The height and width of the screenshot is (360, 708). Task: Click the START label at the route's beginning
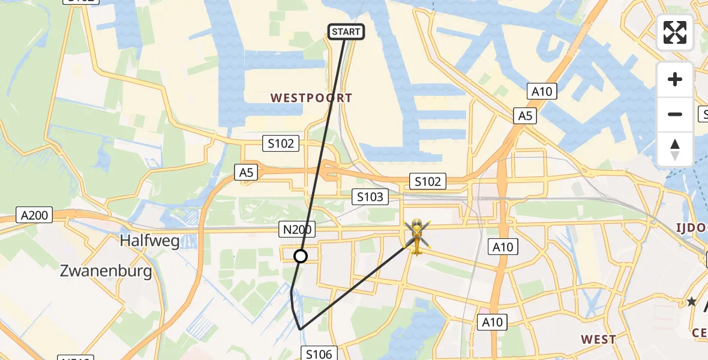pos(347,31)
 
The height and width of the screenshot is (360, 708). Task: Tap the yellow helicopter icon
pos(416,236)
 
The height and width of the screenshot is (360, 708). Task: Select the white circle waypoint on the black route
pos(301,256)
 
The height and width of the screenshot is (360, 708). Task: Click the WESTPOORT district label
pos(311,98)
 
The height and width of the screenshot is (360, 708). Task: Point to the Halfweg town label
pos(149,241)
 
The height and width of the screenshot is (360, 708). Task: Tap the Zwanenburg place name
pos(106,271)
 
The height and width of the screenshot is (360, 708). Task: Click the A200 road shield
pos(35,215)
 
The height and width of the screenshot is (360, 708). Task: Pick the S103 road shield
pos(370,196)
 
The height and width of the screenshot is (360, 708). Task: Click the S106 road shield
pos(319,354)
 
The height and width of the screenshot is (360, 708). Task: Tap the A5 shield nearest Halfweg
pos(246,173)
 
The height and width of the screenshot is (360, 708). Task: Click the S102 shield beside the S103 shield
pos(427,181)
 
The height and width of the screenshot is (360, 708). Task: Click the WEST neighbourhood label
pos(598,340)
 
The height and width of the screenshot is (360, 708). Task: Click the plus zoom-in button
pos(675,79)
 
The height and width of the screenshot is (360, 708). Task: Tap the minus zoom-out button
pos(675,114)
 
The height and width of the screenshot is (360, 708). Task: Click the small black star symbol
pos(692,302)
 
